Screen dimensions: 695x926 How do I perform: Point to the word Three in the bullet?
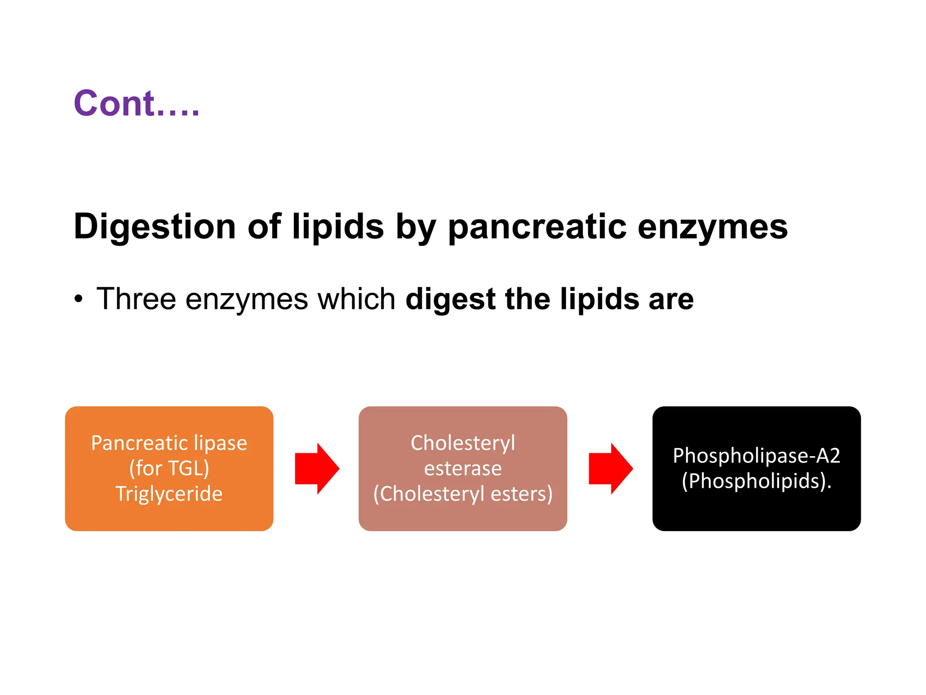coord(136,299)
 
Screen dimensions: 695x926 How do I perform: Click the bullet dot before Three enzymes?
coord(79,300)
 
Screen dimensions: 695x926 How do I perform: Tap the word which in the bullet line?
coord(356,299)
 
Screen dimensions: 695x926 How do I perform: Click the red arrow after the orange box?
coord(317,468)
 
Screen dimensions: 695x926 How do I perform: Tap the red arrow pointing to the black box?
coord(610,468)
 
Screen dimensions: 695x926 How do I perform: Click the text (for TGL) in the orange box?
coord(169,468)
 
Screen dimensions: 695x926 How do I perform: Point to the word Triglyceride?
coord(169,494)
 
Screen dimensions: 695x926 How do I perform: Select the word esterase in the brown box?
coord(463,468)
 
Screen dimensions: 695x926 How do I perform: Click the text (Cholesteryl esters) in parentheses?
coord(463,494)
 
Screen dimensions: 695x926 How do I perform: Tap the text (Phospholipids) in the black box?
coord(756,481)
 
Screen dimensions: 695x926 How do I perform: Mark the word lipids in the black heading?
coord(338,226)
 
